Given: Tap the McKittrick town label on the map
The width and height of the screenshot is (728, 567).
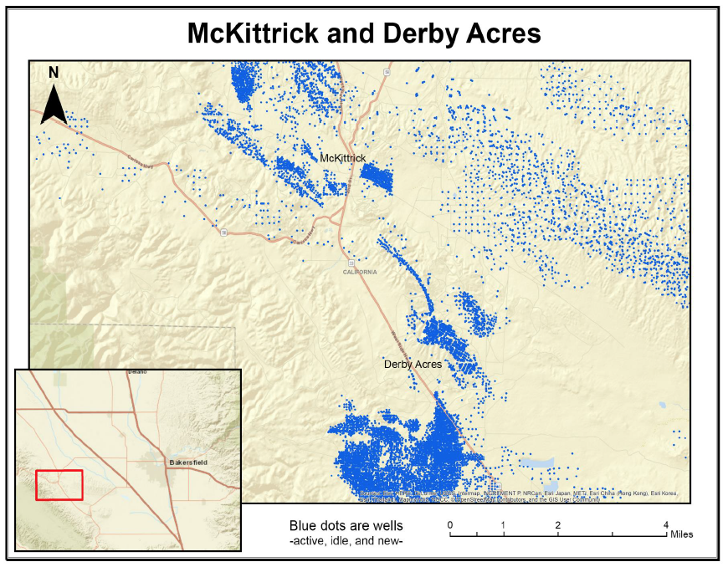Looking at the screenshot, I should click(x=343, y=158).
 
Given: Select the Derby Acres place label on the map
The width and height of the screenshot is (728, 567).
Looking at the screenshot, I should click(x=413, y=365).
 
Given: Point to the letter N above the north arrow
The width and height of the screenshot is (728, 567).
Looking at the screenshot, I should click(x=54, y=73).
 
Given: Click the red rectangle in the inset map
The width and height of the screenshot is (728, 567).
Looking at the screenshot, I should click(x=59, y=485).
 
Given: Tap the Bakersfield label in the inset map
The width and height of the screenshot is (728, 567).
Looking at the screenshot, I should click(x=187, y=462).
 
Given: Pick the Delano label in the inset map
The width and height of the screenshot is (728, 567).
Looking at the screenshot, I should click(x=136, y=371).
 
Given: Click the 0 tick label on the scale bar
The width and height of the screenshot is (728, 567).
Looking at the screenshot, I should click(x=450, y=524).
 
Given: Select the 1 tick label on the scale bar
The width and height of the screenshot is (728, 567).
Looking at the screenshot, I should click(x=503, y=524).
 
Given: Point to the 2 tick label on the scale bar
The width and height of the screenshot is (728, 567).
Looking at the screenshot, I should click(x=557, y=524).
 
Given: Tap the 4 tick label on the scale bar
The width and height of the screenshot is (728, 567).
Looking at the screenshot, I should click(x=666, y=524).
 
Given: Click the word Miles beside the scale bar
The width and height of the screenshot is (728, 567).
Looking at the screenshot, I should click(x=680, y=534).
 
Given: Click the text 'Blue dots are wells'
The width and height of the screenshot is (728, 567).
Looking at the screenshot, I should click(x=346, y=526).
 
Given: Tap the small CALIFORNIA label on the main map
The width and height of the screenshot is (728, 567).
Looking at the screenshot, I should click(x=360, y=272).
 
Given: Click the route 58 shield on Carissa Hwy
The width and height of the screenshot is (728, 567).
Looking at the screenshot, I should click(x=223, y=231).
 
